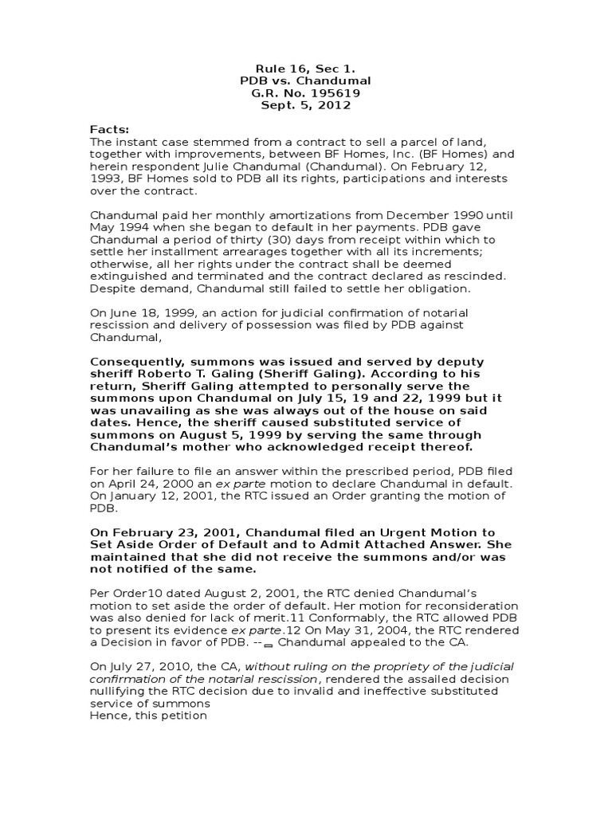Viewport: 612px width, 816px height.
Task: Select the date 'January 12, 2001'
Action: point(156,496)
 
